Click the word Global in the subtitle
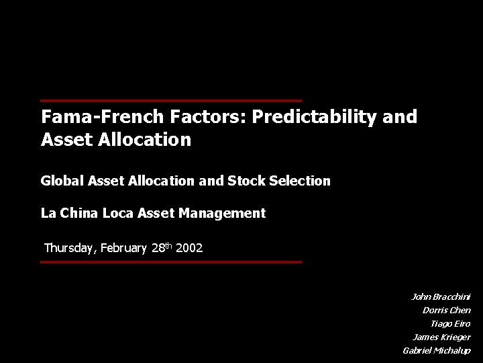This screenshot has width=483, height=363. click(x=59, y=181)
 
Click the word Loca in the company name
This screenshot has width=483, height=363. click(x=118, y=214)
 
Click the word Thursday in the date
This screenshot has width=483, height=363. click(x=70, y=249)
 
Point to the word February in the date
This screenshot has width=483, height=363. click(x=124, y=249)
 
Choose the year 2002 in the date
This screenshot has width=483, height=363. click(x=189, y=249)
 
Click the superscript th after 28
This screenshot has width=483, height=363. click(x=168, y=245)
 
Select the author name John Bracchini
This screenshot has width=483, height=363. click(x=441, y=296)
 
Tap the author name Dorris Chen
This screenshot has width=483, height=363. click(x=447, y=310)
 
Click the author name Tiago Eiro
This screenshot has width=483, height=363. click(x=450, y=323)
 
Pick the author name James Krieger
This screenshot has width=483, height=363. click(x=441, y=337)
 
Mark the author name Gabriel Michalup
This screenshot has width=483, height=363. click(x=437, y=351)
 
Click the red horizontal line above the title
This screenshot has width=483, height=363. click(x=171, y=100)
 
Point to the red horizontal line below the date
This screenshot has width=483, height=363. click(x=171, y=262)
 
